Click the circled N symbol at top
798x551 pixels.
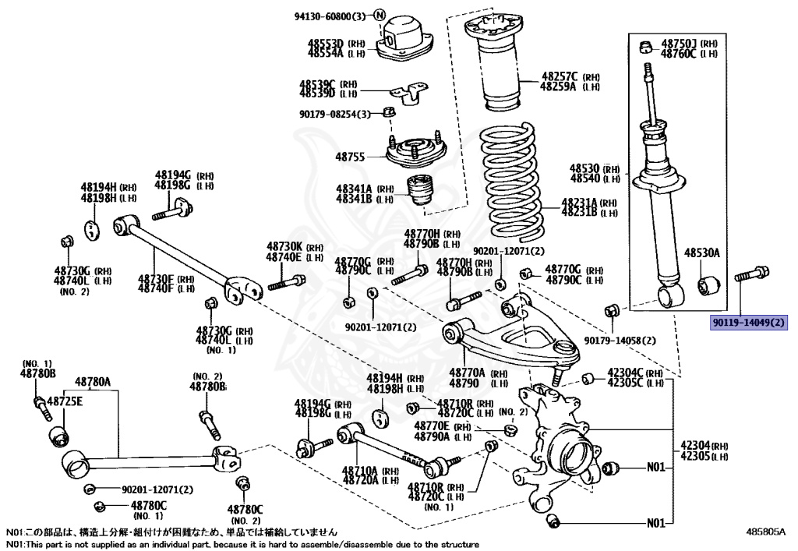point(380,15)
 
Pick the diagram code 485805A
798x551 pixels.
point(765,532)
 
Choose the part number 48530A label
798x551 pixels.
point(702,253)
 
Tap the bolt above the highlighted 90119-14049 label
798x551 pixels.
point(753,274)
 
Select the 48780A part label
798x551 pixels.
point(93,382)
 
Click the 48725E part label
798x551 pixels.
point(65,401)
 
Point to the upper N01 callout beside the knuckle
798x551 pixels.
point(656,468)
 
